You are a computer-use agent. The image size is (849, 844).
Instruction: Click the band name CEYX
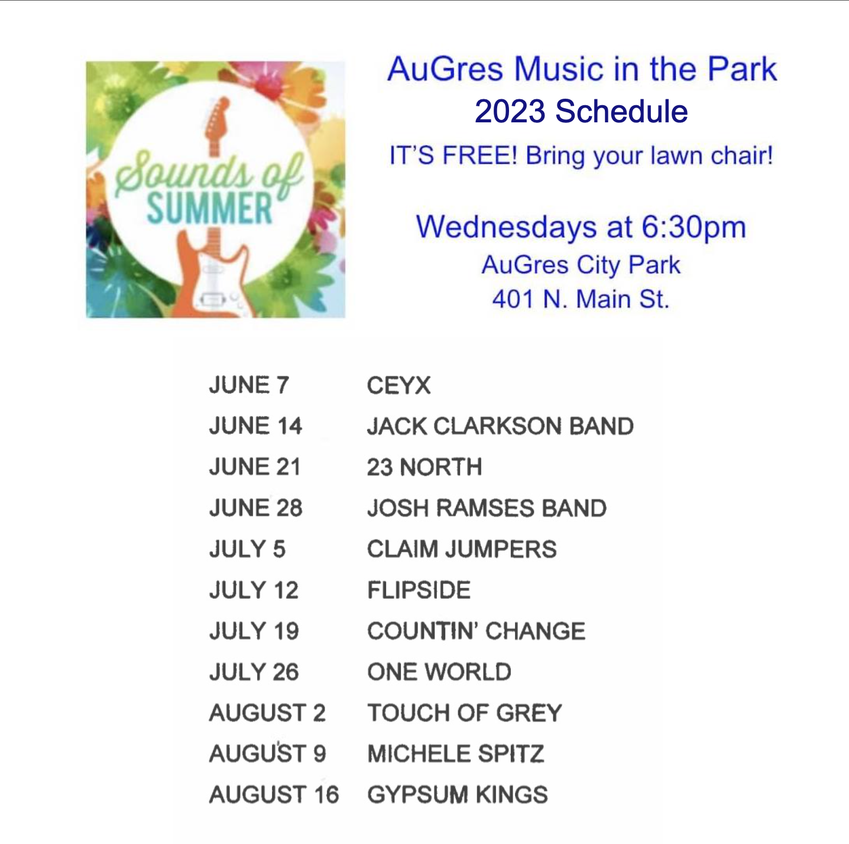point(398,385)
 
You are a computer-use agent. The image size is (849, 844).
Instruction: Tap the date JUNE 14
point(255,426)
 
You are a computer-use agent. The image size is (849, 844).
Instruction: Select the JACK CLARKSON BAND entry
point(500,426)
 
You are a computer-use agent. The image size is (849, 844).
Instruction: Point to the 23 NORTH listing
point(424,467)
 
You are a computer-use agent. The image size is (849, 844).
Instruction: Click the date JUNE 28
point(255,508)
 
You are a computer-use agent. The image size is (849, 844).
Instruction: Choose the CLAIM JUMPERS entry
point(462,549)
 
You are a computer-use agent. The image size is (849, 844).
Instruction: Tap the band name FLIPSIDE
point(419,590)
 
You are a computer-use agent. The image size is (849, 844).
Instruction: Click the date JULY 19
point(254,631)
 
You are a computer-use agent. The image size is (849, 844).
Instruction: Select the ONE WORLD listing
point(439,672)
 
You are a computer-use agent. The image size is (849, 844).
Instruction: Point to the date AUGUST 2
point(267,713)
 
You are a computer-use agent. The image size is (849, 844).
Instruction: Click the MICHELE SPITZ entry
point(456,753)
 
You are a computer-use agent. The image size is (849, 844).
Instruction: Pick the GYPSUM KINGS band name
point(458,794)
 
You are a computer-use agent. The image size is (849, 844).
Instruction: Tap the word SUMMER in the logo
point(209,208)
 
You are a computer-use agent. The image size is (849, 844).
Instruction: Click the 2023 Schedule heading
point(581,111)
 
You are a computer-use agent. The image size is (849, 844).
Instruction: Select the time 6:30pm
point(694,228)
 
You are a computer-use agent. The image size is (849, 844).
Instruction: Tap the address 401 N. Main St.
point(581,299)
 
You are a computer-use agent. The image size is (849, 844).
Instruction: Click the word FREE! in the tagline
point(479,155)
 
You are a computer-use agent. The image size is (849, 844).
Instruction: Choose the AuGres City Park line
point(581,265)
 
